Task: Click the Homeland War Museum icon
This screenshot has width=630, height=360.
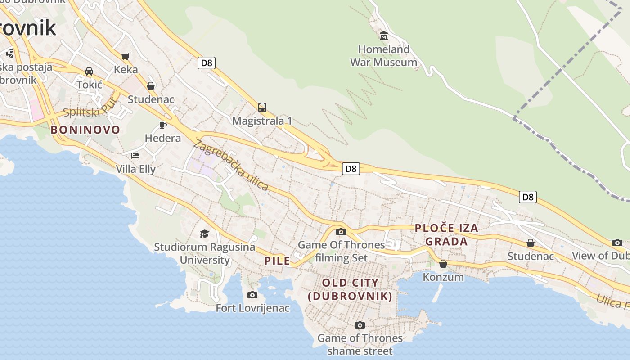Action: pos(384,36)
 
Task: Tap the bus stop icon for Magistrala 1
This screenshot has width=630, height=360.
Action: pos(262,108)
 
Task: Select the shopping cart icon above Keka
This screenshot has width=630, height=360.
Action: pos(126,56)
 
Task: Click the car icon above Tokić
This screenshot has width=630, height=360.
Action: pos(89,72)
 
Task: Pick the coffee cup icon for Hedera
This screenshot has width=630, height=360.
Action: pos(163,125)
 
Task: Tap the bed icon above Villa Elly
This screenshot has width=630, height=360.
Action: pos(135,156)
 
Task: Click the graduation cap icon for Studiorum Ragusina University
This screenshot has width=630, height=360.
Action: pos(204,234)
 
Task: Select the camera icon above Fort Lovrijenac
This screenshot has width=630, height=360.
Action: pos(252,295)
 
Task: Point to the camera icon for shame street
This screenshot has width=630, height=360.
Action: pos(360,325)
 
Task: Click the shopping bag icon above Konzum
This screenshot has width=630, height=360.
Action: pos(443,264)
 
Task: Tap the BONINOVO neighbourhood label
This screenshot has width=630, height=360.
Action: pos(85,130)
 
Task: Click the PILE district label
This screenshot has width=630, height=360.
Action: pos(277,261)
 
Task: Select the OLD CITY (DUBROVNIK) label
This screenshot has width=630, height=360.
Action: pos(350,289)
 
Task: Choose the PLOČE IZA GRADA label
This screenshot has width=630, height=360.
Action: pos(446,235)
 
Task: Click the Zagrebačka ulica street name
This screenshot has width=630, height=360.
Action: pos(231,165)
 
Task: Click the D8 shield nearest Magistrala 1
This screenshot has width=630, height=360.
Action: pos(206,63)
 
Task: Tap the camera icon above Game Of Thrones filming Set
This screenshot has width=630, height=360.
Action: pos(341,232)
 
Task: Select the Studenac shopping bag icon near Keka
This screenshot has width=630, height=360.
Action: pos(151,86)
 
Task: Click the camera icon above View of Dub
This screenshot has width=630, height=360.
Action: pos(617,243)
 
